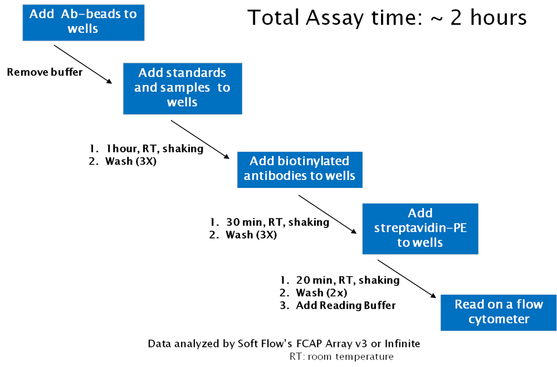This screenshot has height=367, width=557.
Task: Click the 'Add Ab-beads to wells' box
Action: point(83,22)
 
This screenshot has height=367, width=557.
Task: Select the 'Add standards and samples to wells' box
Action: point(182,88)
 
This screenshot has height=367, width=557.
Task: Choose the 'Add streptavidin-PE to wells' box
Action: point(420,229)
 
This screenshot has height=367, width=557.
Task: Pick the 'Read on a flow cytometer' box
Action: point(499,312)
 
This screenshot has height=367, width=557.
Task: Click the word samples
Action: point(185,88)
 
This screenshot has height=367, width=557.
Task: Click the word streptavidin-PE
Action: point(420,228)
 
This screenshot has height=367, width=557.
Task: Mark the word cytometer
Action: point(499,319)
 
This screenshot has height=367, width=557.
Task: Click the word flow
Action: point(529,305)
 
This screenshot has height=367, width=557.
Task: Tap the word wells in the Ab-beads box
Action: point(83,29)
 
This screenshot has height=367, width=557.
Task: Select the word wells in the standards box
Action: point(182,103)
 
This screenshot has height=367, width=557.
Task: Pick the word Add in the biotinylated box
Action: point(262,161)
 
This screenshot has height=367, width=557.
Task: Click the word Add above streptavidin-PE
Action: point(420,214)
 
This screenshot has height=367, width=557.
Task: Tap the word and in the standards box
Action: point(146,88)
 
